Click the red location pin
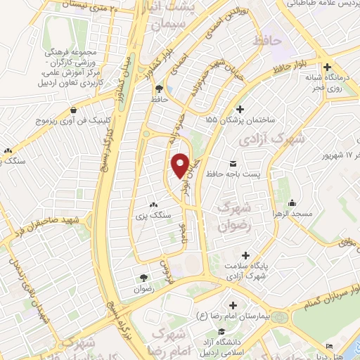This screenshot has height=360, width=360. [x=180, y=165]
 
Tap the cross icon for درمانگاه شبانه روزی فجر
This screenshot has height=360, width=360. [x=328, y=67]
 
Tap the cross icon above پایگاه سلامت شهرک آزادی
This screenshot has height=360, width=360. [x=245, y=255]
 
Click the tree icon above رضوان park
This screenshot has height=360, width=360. [x=145, y=278]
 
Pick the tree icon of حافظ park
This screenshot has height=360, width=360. [x=160, y=89]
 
